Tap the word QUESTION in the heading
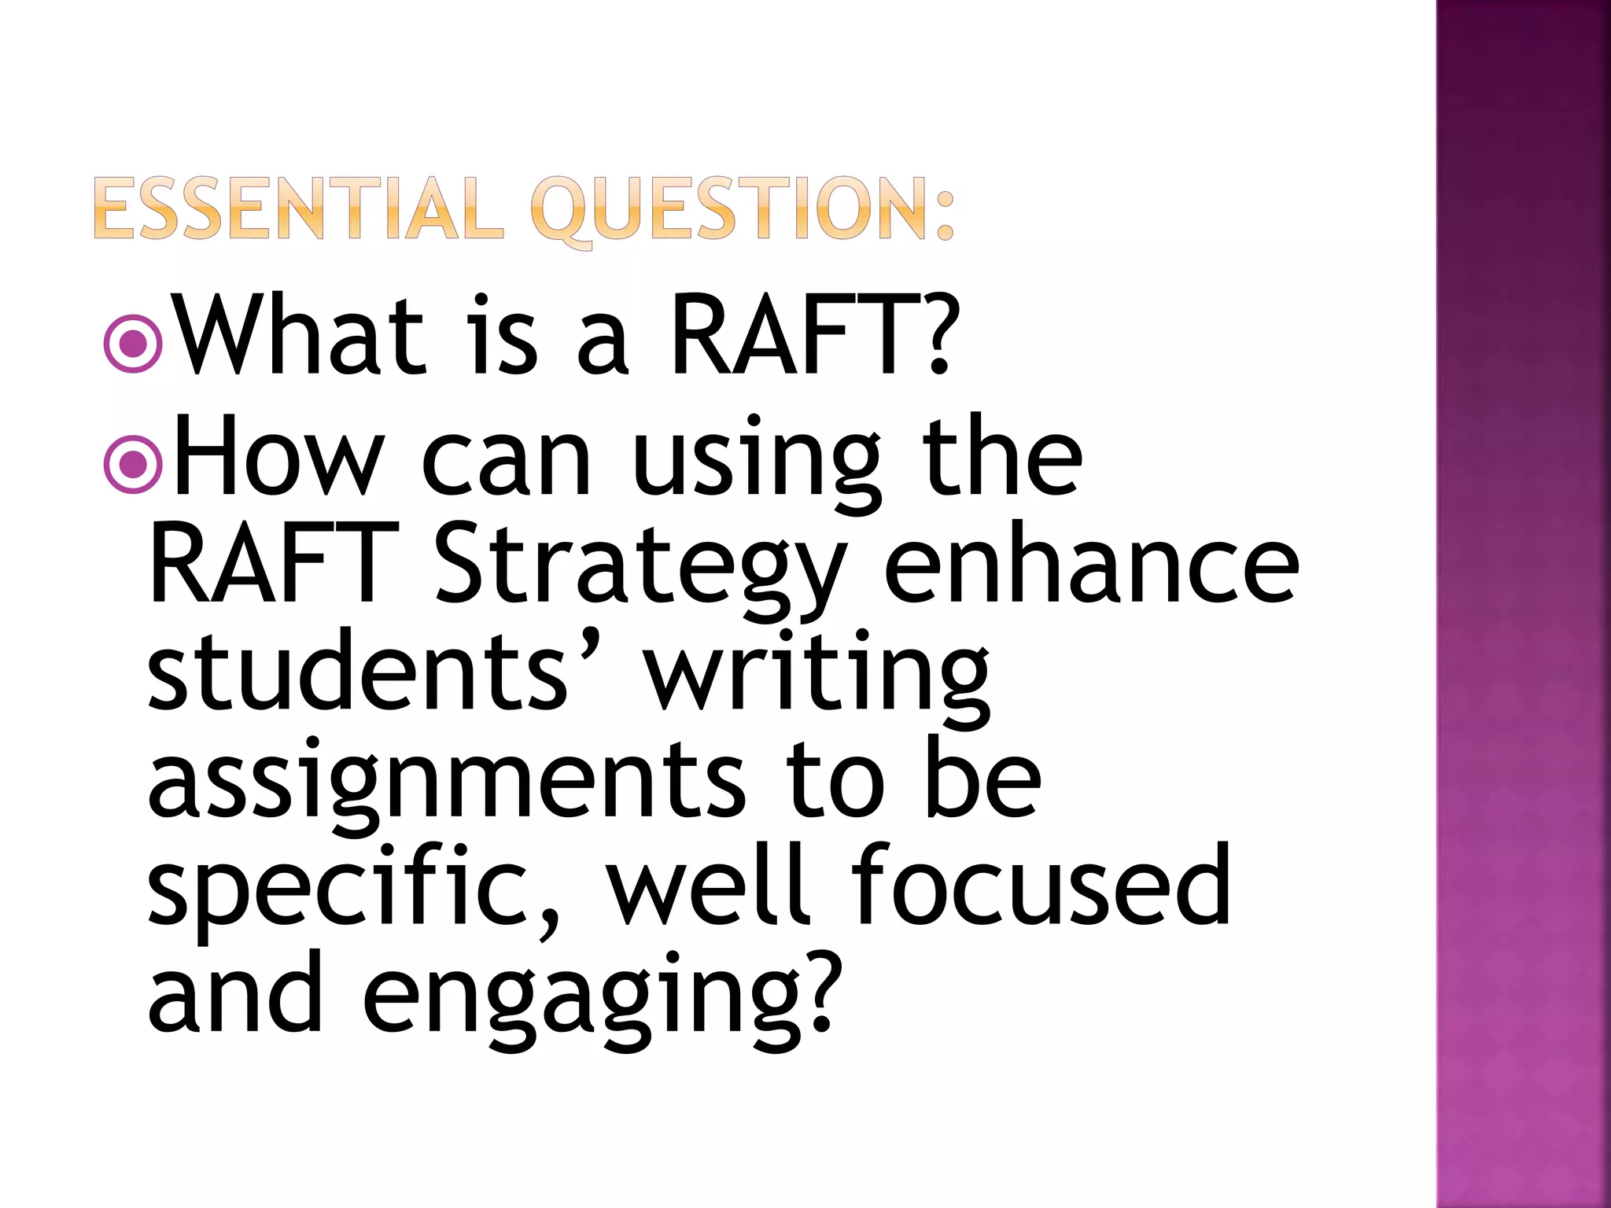tap(728, 210)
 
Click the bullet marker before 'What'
tap(133, 343)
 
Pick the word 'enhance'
tap(1092, 566)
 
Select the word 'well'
tap(708, 885)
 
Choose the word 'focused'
tap(1041, 885)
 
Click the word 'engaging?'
tap(598, 999)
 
